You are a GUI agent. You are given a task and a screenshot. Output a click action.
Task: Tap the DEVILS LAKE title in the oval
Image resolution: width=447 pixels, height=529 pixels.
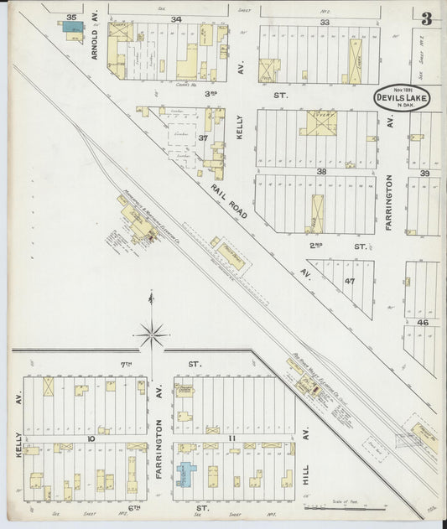tap(402, 98)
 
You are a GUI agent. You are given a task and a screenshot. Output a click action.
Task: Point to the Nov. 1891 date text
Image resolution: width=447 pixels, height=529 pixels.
tap(399, 86)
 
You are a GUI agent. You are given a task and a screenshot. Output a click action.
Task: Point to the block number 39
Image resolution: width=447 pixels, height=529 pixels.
tap(424, 173)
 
